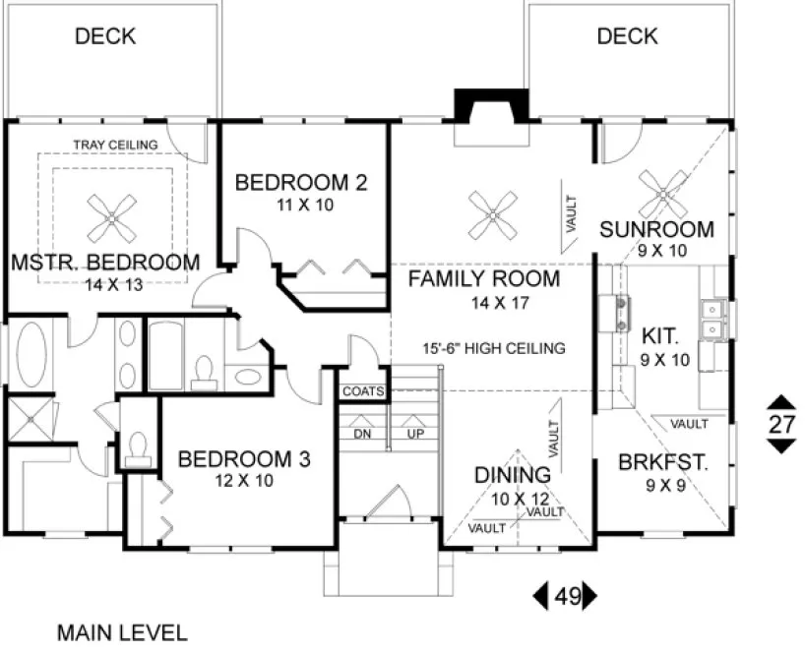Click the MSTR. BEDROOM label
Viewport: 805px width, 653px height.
pyautogui.click(x=105, y=263)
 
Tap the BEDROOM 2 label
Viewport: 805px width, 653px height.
pyautogui.click(x=287, y=182)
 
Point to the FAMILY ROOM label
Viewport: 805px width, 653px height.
pyautogui.click(x=484, y=278)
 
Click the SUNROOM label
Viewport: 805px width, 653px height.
pyautogui.click(x=656, y=230)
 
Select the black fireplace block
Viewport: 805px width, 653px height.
pyautogui.click(x=479, y=106)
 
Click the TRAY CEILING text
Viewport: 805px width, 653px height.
pyautogui.click(x=115, y=145)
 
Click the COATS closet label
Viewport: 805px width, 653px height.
pyautogui.click(x=362, y=391)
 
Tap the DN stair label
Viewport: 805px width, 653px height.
pyautogui.click(x=361, y=434)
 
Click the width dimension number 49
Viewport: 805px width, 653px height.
pyautogui.click(x=565, y=595)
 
